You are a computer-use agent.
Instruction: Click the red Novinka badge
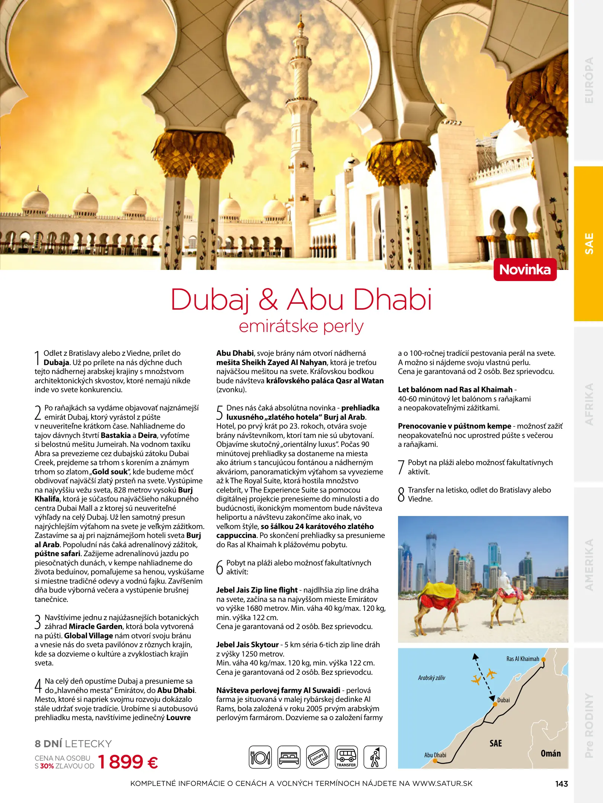(525, 270)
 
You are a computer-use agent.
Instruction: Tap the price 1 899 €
(128, 762)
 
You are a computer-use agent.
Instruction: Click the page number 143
(561, 784)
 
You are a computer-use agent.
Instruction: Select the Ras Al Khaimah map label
(523, 659)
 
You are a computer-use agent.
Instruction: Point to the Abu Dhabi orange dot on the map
(435, 761)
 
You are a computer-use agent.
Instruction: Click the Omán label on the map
(551, 754)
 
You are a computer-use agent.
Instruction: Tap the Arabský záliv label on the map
(432, 678)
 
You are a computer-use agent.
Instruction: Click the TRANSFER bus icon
(346, 757)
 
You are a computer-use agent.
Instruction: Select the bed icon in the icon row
(289, 757)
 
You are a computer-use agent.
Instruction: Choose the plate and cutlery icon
(260, 757)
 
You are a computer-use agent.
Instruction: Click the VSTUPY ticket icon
(318, 757)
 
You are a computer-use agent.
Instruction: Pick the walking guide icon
(375, 757)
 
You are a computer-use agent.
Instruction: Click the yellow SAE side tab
(588, 244)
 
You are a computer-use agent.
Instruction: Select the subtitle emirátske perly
(301, 326)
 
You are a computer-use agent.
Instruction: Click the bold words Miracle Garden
(95, 626)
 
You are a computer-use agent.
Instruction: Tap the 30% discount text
(47, 766)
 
